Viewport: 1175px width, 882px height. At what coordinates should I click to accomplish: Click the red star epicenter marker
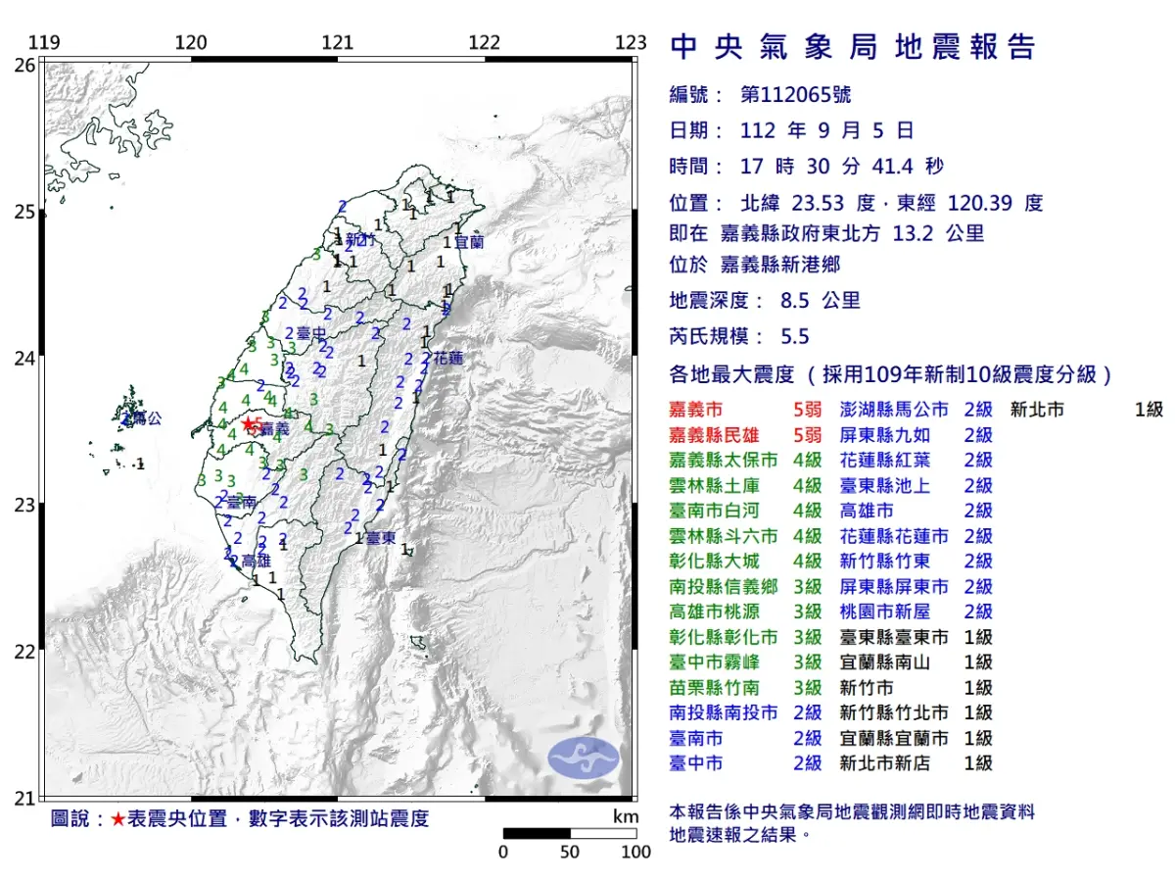click(248, 424)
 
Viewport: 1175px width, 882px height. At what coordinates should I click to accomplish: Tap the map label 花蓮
click(447, 358)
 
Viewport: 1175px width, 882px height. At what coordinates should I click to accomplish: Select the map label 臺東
click(381, 538)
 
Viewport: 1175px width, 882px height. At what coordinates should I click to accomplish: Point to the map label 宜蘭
click(469, 241)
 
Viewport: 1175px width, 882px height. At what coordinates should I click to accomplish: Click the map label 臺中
click(310, 334)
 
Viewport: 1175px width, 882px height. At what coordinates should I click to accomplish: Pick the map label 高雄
click(255, 562)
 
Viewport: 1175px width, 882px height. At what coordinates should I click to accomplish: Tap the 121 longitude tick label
click(337, 43)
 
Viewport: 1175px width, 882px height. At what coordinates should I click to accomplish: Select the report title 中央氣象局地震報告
click(852, 47)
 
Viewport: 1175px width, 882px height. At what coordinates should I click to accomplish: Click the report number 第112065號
click(795, 95)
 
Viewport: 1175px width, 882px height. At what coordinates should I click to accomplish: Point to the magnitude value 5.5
click(794, 337)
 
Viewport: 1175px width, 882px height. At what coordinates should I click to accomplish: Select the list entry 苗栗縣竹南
click(710, 687)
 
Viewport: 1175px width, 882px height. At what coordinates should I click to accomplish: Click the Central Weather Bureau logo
click(584, 759)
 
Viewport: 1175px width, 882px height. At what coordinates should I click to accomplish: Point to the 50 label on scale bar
click(569, 852)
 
